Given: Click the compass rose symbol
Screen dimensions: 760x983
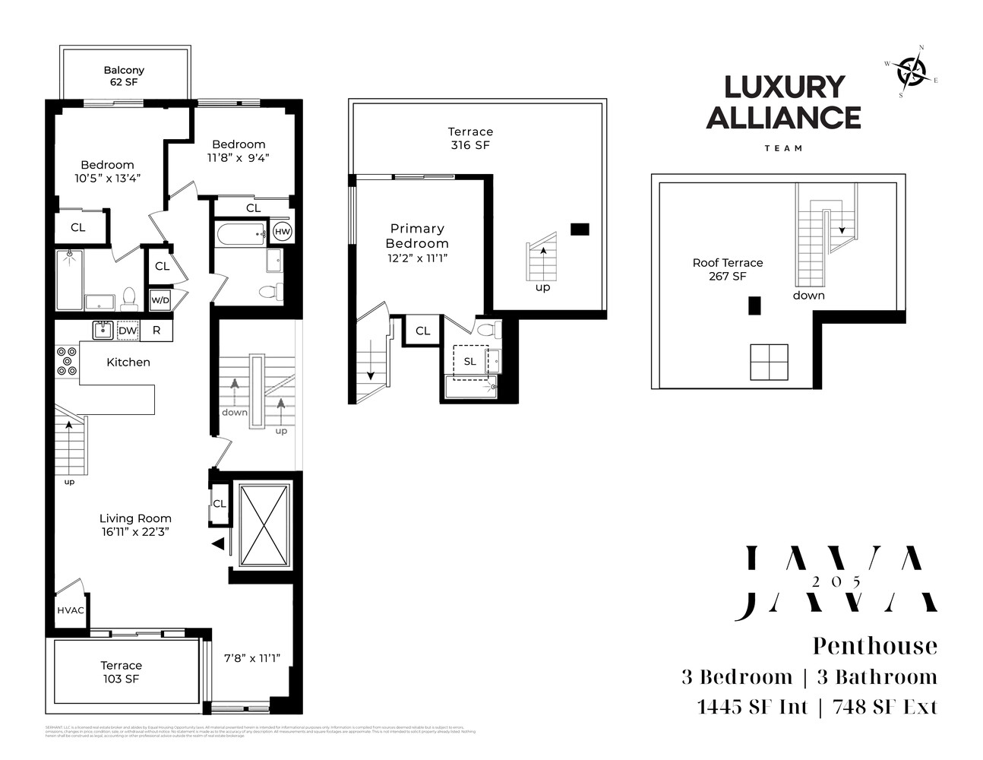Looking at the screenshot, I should [x=911, y=72].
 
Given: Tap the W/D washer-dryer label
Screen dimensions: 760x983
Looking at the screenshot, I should [x=160, y=299].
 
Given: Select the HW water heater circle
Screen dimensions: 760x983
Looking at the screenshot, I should [x=282, y=232].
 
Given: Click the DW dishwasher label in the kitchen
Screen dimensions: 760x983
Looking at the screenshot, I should [x=128, y=331].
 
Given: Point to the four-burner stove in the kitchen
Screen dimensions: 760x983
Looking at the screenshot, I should [x=66, y=361].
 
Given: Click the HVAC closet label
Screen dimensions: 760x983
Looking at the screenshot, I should [x=71, y=610].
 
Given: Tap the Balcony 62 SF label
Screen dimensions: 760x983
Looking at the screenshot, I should [x=124, y=76].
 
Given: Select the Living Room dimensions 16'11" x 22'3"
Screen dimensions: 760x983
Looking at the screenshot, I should [x=134, y=532].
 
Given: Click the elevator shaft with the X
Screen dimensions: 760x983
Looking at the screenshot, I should [x=264, y=524].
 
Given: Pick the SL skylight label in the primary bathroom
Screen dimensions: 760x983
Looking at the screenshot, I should [x=469, y=362].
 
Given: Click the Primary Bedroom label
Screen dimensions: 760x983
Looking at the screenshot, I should [x=417, y=236].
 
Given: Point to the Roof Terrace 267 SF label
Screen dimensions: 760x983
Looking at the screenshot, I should [x=727, y=269].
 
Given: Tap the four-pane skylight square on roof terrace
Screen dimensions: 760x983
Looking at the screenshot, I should [x=769, y=363].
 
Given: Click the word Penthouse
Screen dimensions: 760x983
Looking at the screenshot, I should [x=875, y=646].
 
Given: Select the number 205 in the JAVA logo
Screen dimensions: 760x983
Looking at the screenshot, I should [x=836, y=581].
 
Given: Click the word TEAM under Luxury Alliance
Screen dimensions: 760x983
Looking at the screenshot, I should [x=783, y=148].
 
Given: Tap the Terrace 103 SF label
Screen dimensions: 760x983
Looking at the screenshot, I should [x=122, y=672].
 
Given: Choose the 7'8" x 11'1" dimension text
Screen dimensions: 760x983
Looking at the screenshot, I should [x=252, y=658].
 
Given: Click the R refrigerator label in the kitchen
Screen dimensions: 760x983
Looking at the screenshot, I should [x=156, y=331].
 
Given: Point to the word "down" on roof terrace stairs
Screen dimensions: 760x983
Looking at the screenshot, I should [x=808, y=296].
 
